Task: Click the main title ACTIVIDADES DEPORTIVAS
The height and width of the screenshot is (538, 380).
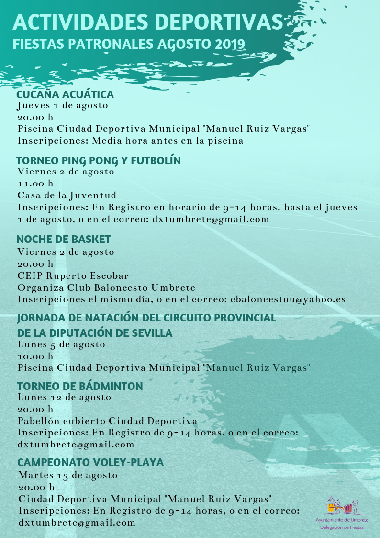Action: click(148, 23)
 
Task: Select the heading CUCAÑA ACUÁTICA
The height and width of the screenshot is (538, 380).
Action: click(65, 94)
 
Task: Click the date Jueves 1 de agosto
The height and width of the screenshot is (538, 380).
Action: click(63, 105)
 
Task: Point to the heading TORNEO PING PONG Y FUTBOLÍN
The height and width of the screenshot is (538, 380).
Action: click(99, 160)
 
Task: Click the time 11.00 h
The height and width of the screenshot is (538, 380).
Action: click(35, 183)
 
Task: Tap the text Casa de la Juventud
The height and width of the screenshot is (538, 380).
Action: click(67, 195)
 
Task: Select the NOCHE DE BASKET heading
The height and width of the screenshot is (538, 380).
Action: click(64, 239)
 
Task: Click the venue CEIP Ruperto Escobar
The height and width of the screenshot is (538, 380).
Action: click(73, 276)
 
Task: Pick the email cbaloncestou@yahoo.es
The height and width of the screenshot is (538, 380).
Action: click(288, 299)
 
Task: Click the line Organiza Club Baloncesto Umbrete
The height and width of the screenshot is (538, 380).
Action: click(106, 288)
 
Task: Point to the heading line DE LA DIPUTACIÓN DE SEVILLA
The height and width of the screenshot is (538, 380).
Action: click(95, 333)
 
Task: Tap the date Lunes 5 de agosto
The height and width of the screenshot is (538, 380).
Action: click(61, 344)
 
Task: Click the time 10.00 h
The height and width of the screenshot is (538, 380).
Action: click(35, 356)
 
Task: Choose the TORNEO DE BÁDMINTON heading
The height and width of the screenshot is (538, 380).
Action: click(80, 386)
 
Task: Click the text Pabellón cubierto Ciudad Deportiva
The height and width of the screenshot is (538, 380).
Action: click(107, 421)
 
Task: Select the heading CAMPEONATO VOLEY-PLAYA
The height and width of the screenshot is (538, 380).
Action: click(90, 463)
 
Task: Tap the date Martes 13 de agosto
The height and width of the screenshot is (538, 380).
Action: click(67, 475)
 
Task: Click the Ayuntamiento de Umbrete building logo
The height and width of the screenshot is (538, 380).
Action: click(342, 505)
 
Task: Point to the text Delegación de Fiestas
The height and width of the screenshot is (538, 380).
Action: click(342, 527)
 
